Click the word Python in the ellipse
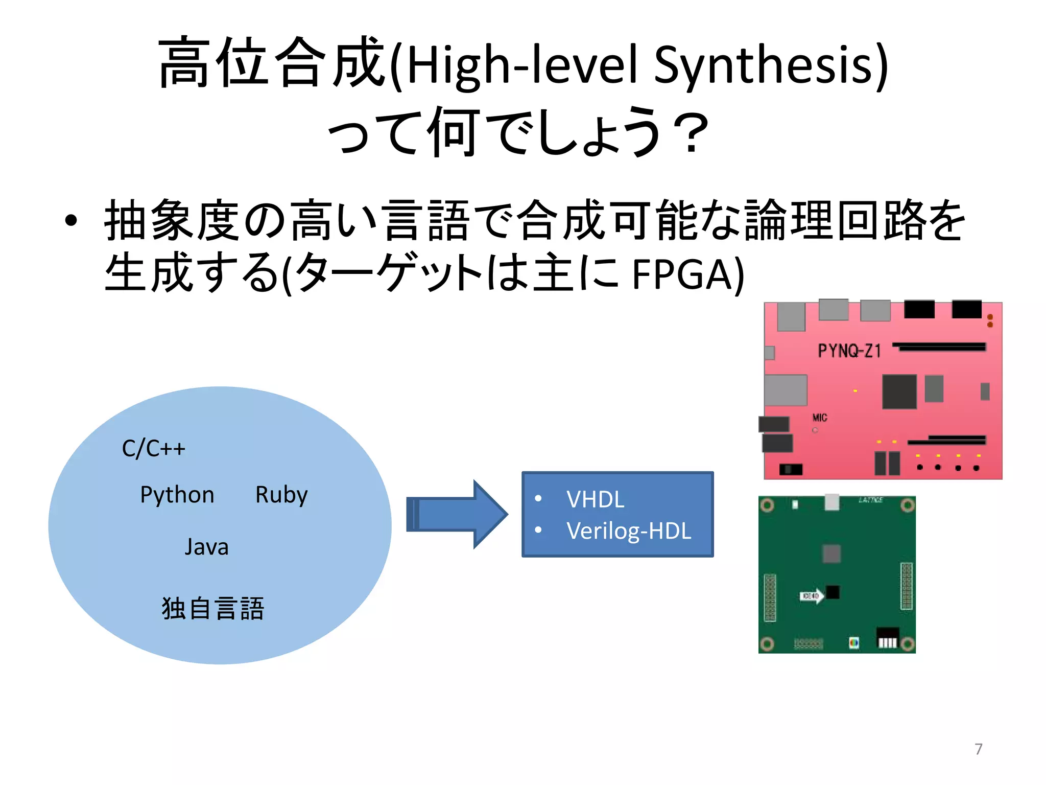pos(177,495)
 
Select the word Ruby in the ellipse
pos(281,495)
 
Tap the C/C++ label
pos(153,448)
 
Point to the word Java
pos(206,546)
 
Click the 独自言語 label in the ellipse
pos(213,608)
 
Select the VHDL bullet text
pos(595,499)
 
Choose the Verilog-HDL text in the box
pos(628,531)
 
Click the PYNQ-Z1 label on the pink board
pos(849,351)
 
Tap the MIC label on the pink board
pos(820,418)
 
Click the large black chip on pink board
pos(899,391)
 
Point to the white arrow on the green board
pos(812,596)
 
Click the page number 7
pos(978,749)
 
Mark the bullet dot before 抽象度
pos(71,221)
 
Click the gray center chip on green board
pos(831,553)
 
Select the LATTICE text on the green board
pos(871,500)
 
